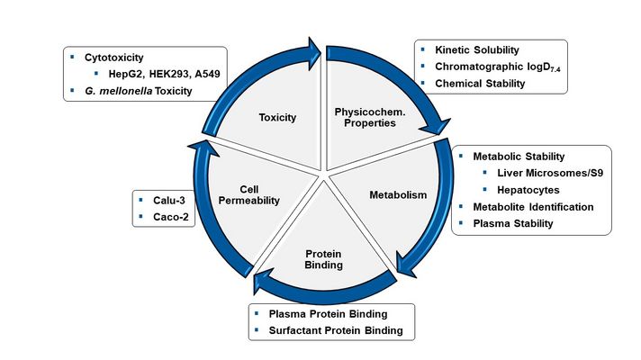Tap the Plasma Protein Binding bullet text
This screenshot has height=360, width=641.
pos(328,314)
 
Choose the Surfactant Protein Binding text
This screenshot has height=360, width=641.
pos(335,330)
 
